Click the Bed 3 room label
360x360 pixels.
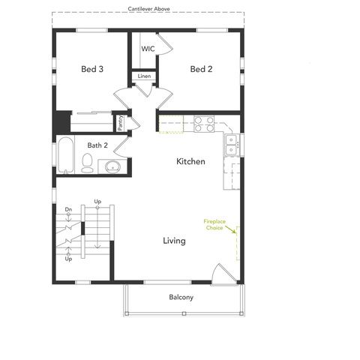point(92,69)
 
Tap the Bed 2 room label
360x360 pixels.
point(201,69)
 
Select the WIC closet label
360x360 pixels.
point(148,48)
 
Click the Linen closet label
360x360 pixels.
point(144,76)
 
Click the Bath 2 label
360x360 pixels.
point(97,145)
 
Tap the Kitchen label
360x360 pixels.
point(190,161)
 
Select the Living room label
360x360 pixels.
point(175,241)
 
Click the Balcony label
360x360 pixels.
point(181,298)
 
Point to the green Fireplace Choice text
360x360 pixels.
point(214,224)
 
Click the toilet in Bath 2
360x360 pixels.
point(87,160)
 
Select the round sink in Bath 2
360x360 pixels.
point(112,166)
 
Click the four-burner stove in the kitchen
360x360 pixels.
point(204,124)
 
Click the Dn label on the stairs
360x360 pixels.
point(68,209)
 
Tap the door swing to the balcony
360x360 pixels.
point(220,274)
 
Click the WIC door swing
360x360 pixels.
point(166,47)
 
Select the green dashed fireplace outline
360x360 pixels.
point(237,240)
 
